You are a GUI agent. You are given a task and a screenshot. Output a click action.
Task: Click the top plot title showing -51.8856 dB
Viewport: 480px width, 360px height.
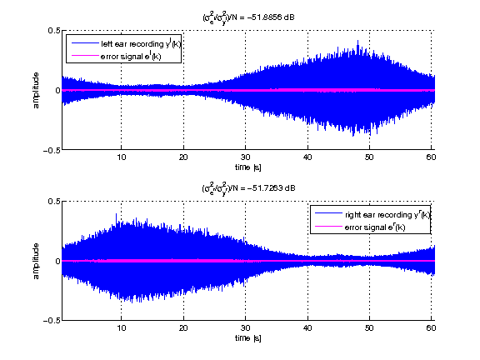[247, 17]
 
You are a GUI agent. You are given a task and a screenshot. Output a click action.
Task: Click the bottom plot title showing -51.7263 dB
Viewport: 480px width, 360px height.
[247, 187]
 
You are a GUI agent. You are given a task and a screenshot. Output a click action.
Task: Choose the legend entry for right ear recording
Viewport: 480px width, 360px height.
[369, 214]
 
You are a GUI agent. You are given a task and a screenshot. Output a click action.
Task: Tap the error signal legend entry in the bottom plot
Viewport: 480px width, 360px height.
[369, 227]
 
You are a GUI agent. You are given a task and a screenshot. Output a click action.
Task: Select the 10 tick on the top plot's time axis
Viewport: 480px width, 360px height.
[122, 157]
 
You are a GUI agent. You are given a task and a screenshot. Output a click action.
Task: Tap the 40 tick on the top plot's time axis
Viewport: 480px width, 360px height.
[307, 157]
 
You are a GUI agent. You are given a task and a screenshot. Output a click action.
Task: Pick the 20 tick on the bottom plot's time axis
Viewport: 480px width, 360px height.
[183, 328]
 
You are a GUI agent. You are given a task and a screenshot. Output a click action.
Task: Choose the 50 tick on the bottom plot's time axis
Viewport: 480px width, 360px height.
[369, 328]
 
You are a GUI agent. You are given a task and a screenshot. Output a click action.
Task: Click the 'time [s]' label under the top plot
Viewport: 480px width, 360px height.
[247, 167]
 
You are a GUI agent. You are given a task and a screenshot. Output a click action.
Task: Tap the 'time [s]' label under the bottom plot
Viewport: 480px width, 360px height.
[247, 338]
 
